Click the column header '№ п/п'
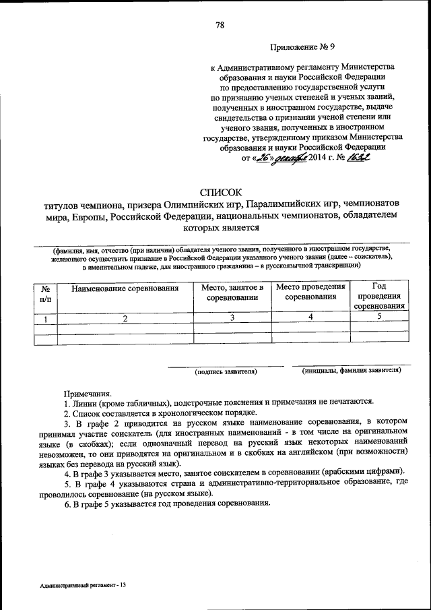45,293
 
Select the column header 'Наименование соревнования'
125,288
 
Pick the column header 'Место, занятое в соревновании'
232,293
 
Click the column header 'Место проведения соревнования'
310,292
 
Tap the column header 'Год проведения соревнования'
380,296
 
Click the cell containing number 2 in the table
125,319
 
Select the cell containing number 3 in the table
232,317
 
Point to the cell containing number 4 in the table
310,317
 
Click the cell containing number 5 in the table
380,316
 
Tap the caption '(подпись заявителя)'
226,371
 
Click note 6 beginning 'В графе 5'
167,503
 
